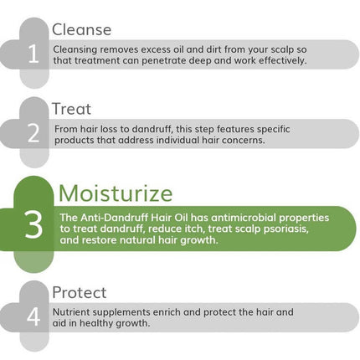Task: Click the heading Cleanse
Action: pyautogui.click(x=81, y=30)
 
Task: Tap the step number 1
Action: pyautogui.click(x=33, y=55)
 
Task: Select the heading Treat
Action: pyautogui.click(x=71, y=109)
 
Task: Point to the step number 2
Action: pyautogui.click(x=33, y=135)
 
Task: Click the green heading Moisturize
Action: pyautogui.click(x=116, y=193)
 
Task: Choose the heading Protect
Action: pyautogui.click(x=79, y=292)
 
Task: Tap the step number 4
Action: pyautogui.click(x=33, y=318)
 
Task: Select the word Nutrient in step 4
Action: pyautogui.click(x=71, y=311)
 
